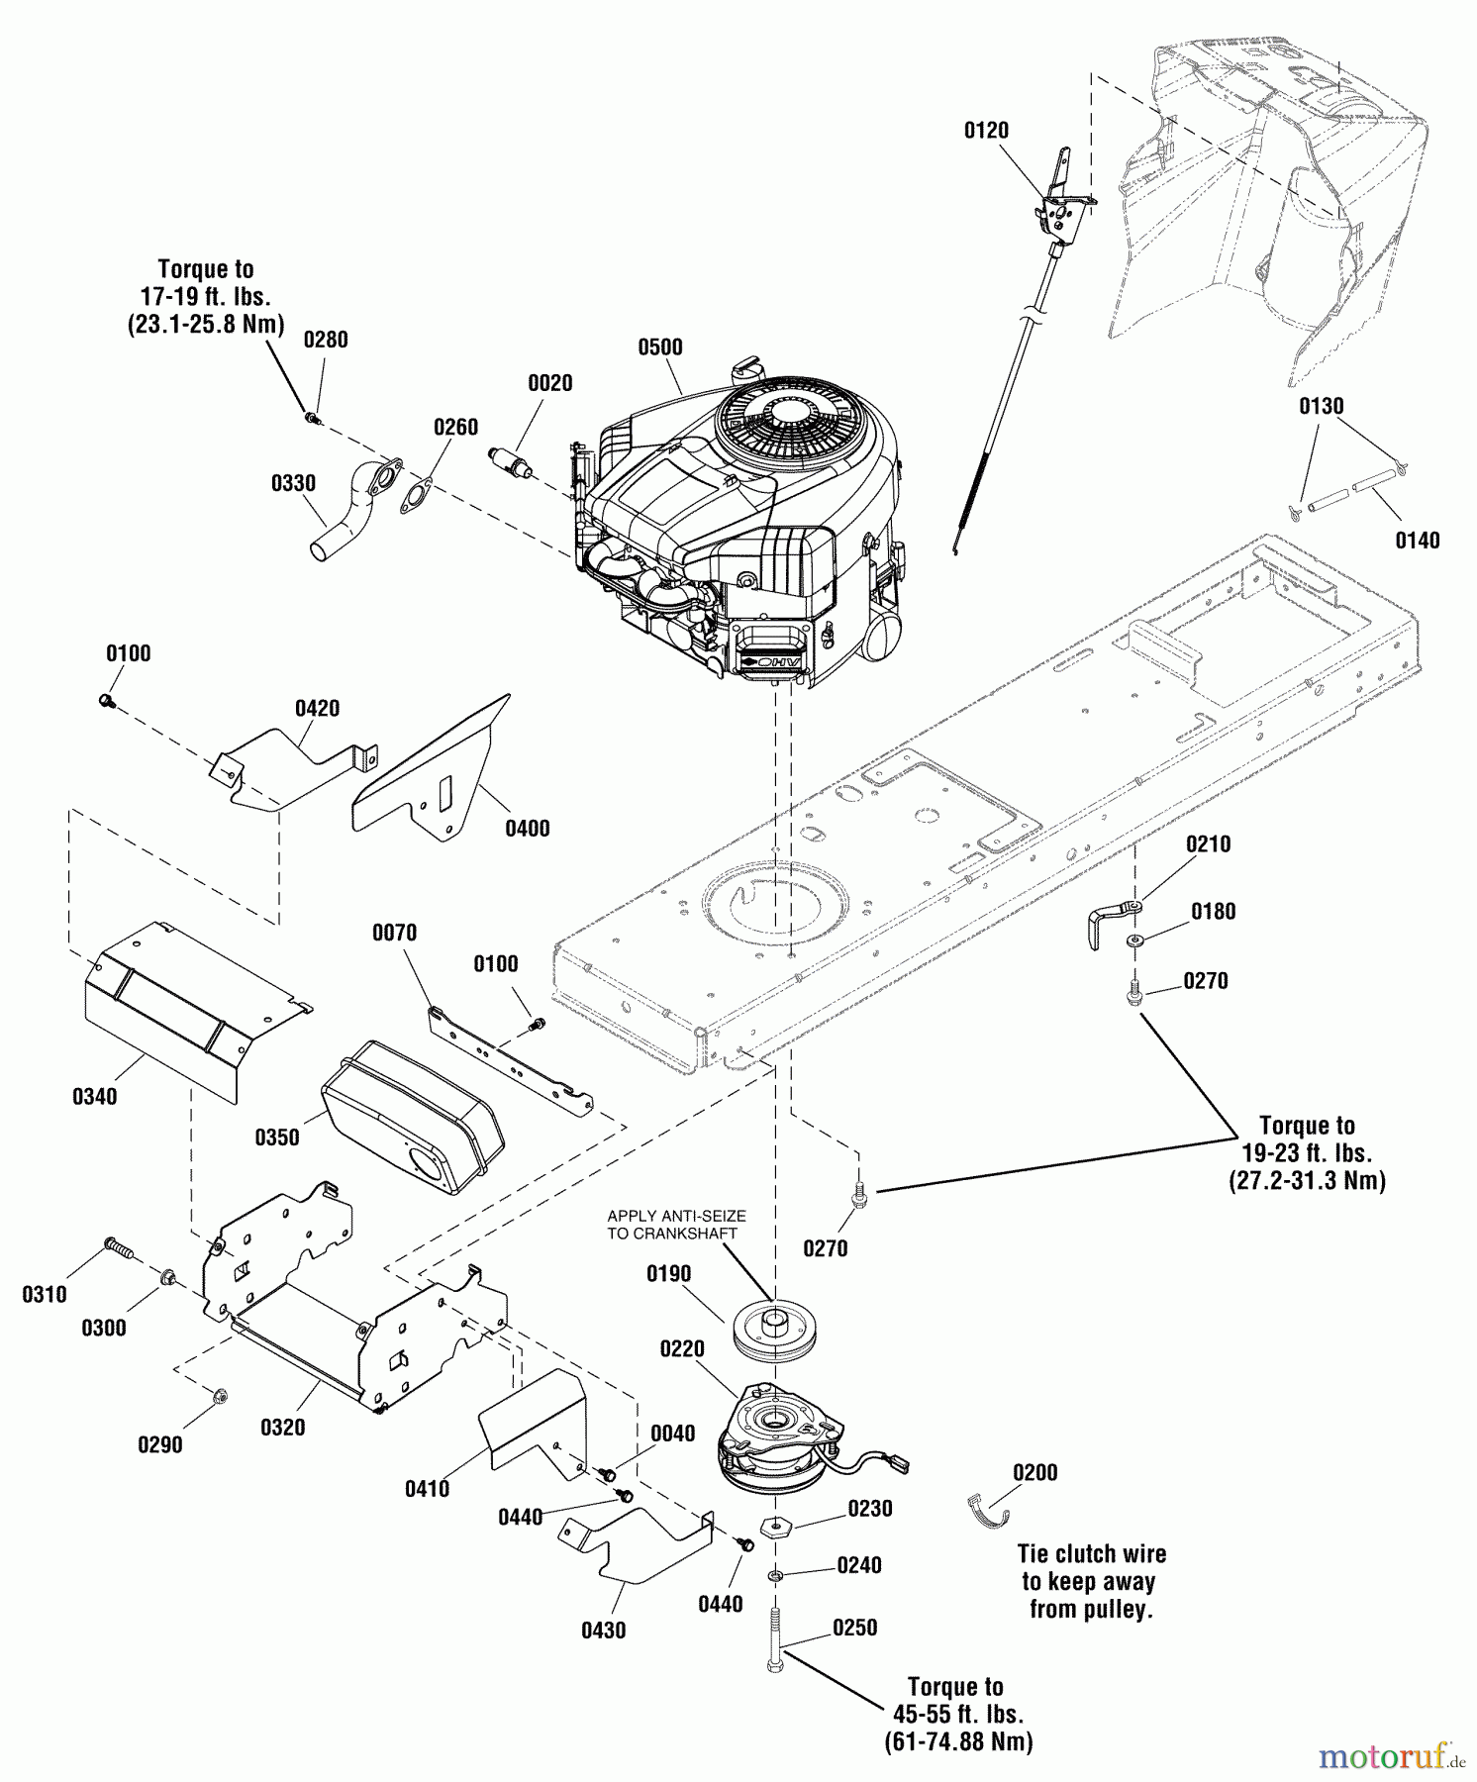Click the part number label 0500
[659, 347]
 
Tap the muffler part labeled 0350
[412, 1118]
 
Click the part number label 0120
[986, 131]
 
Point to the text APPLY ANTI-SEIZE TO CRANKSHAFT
[676, 1225]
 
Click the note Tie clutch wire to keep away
[1091, 1581]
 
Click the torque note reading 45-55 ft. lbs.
[957, 1714]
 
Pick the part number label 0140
[1417, 541]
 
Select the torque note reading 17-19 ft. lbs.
[206, 297]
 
